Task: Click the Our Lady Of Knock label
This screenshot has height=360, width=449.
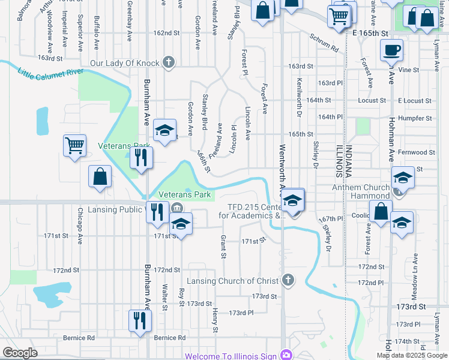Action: click(x=124, y=63)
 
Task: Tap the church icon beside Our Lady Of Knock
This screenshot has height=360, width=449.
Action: click(x=169, y=62)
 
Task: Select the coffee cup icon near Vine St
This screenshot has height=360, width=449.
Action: click(x=393, y=51)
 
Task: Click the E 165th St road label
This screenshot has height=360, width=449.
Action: click(x=372, y=32)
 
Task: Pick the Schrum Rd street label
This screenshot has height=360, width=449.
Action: click(x=324, y=41)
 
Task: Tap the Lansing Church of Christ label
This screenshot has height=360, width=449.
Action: click(x=233, y=281)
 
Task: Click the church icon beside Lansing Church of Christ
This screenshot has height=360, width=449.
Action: click(x=289, y=280)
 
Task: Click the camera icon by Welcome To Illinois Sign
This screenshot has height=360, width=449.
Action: click(x=286, y=356)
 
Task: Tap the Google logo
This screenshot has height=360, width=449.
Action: click(x=20, y=353)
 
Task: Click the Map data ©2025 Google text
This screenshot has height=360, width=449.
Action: click(x=412, y=355)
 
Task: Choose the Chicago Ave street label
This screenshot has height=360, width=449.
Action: click(x=80, y=226)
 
